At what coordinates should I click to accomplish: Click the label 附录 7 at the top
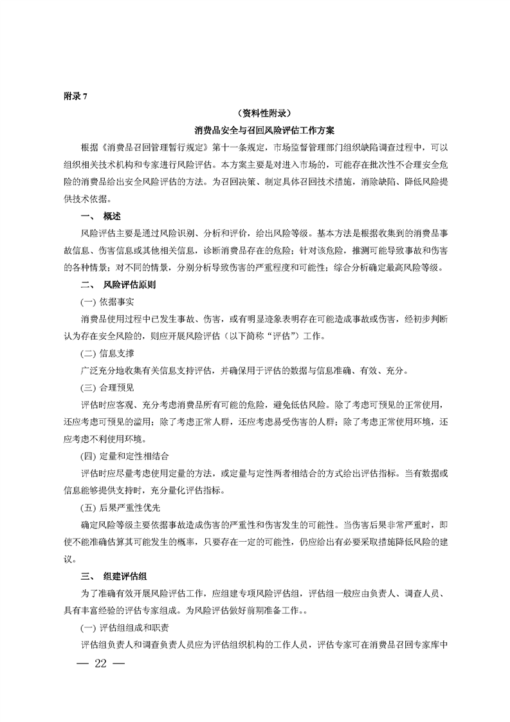point(75,97)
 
